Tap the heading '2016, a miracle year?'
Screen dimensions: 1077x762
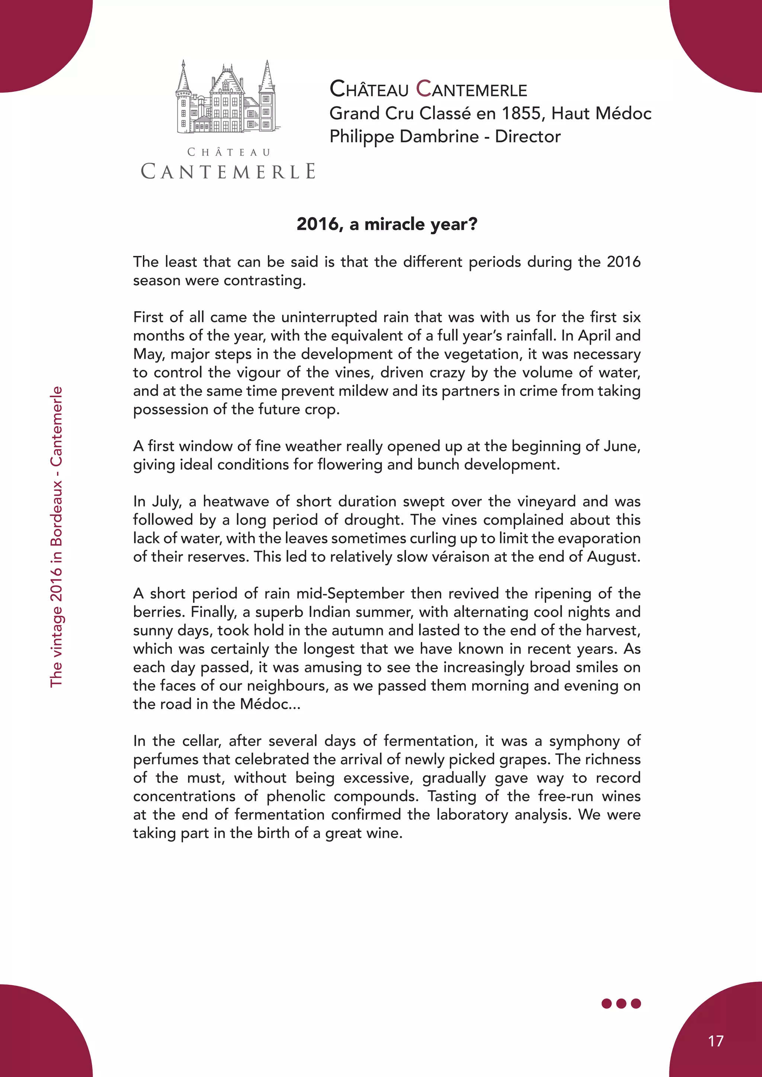(x=387, y=224)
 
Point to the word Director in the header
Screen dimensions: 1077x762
(x=528, y=136)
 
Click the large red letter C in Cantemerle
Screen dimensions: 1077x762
(x=424, y=88)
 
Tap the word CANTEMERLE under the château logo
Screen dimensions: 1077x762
(x=228, y=172)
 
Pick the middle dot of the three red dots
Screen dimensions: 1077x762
(x=621, y=1003)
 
